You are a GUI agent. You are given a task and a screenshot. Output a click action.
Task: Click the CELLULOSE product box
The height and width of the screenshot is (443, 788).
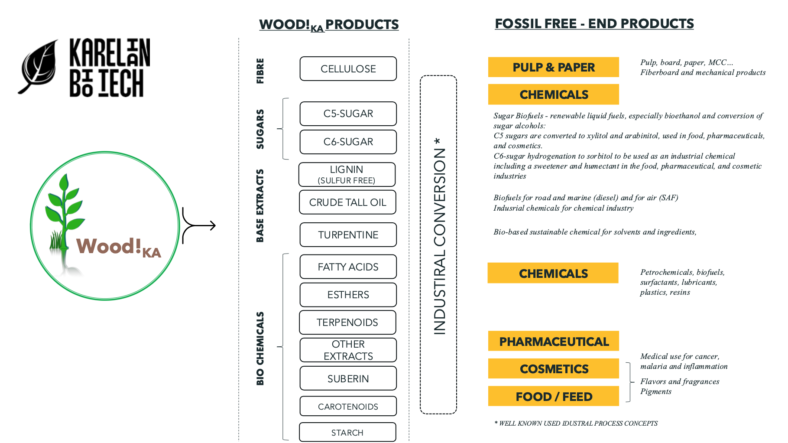tap(348, 69)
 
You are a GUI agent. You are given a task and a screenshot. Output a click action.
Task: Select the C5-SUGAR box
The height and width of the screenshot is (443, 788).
tap(348, 114)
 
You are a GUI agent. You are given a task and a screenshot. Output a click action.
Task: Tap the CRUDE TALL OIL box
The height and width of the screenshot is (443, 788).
tap(347, 202)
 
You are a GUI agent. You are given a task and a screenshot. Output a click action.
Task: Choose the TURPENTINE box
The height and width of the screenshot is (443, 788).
tap(348, 235)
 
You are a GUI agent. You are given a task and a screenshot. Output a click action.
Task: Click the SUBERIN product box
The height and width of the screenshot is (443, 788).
tap(348, 378)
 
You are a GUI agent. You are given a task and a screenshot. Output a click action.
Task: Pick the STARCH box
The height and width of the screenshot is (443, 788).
tap(347, 433)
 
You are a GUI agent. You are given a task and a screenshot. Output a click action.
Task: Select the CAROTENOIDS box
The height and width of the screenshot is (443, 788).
tap(348, 406)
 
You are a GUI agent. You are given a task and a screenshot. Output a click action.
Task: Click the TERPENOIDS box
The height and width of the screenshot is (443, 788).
tap(347, 322)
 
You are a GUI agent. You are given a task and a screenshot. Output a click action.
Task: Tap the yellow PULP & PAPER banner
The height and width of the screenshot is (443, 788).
tap(553, 67)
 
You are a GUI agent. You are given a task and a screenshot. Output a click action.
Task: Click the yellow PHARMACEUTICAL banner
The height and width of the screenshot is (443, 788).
tap(553, 342)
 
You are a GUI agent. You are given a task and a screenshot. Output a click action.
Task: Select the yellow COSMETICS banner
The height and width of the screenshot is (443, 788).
tap(553, 369)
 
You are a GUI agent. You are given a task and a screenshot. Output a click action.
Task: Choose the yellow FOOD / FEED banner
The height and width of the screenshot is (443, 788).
tap(553, 396)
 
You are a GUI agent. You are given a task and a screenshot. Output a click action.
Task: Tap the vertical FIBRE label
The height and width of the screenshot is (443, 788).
tap(260, 71)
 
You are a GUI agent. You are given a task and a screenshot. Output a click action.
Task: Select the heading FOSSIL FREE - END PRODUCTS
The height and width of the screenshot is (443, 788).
tap(594, 23)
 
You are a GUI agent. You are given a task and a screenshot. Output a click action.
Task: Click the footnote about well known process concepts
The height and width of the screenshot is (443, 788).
tap(576, 423)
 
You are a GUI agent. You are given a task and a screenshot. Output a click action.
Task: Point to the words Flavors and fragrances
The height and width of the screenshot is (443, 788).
tap(680, 381)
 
